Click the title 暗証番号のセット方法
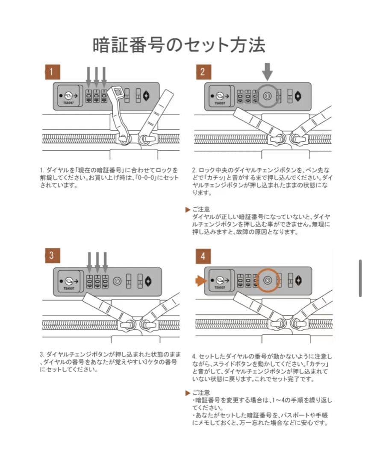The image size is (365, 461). (179, 45)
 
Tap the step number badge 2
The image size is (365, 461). (203, 72)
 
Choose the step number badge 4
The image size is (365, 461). (203, 256)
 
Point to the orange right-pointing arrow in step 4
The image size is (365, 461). (200, 280)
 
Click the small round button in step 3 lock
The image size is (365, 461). (117, 281)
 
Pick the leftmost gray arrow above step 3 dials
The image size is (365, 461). (89, 261)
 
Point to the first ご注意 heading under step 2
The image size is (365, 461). (201, 210)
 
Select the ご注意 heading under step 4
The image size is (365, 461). (201, 392)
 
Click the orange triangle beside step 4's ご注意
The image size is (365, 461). (188, 392)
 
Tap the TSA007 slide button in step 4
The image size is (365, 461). (219, 281)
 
